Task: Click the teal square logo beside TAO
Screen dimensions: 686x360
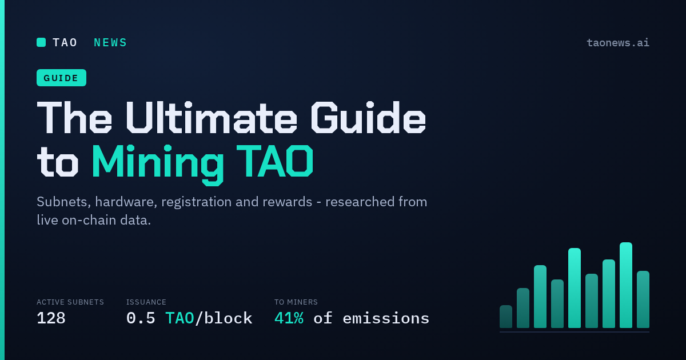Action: (x=41, y=42)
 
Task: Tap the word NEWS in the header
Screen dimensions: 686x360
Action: (x=110, y=42)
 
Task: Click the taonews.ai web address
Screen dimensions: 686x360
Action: (x=618, y=42)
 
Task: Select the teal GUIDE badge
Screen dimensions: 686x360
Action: (x=61, y=78)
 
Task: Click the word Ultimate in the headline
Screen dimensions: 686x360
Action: (x=211, y=118)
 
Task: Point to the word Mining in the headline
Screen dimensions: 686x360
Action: (x=158, y=162)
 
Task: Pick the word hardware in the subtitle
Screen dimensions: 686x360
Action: (x=126, y=202)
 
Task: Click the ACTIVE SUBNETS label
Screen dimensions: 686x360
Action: (x=70, y=302)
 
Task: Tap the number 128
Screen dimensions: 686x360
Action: (x=51, y=318)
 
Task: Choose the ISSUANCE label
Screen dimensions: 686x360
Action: (x=146, y=302)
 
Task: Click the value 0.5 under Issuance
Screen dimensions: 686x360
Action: (x=141, y=318)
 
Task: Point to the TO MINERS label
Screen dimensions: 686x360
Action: (x=296, y=302)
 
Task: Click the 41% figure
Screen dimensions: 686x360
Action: (x=289, y=318)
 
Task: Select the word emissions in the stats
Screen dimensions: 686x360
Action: (x=386, y=318)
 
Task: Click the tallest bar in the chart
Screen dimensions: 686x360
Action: (x=625, y=285)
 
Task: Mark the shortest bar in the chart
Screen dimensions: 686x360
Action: (x=505, y=317)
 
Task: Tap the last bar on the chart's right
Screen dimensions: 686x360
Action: (x=643, y=299)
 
